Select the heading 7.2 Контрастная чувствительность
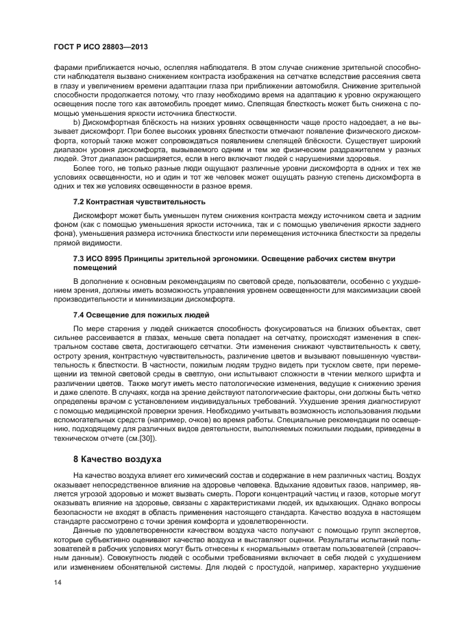pyautogui.click(x=139, y=202)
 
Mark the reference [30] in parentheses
pyautogui.click(x=146, y=438)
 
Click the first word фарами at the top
pyautogui.click(x=67, y=67)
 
